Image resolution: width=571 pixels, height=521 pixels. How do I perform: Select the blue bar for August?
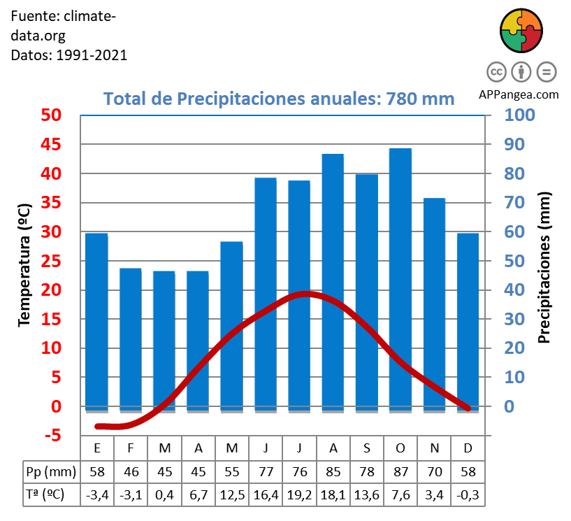333,280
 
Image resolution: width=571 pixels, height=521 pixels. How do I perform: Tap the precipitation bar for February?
130,339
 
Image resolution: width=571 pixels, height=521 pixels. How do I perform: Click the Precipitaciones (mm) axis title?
545,268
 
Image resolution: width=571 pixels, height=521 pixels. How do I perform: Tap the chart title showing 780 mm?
279,99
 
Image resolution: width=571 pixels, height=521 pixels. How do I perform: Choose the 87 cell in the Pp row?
400,471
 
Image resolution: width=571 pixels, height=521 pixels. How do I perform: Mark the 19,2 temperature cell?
299,494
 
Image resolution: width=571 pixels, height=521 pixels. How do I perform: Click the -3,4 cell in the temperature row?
96,494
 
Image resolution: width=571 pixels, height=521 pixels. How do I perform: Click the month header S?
366,448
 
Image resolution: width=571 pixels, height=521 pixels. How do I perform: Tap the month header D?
468,448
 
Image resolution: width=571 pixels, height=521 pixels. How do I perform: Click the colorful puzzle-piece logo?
521,31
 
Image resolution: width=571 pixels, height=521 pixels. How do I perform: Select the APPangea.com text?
519,94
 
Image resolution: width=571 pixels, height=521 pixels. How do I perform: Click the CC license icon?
496,72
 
